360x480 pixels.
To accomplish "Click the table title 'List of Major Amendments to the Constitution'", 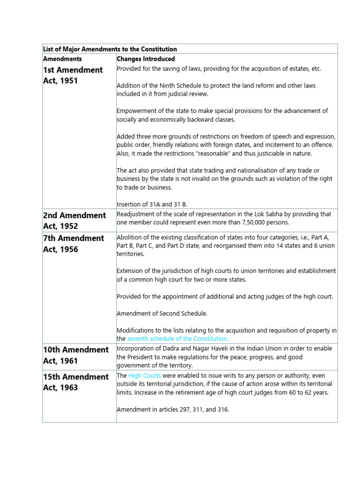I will pos(110,49).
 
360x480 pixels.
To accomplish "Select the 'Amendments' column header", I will pos(62,59).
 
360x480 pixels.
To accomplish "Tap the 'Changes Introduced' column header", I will pos(145,59).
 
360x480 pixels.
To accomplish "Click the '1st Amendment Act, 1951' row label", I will pos(73,75).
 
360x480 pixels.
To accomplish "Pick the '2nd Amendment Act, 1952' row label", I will pos(74,220).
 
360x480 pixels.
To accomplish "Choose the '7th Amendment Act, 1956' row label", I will pos(73,243).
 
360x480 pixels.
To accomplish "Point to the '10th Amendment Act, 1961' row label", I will pos(75,355).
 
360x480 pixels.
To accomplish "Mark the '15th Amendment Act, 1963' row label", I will pos(75,382).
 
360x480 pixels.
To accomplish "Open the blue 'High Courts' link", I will pos(145,376).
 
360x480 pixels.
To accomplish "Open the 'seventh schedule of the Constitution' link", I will pos(178,338).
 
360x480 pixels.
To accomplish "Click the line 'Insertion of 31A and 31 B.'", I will pos(152,204).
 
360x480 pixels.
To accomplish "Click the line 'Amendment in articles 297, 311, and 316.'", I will pos(172,409).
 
